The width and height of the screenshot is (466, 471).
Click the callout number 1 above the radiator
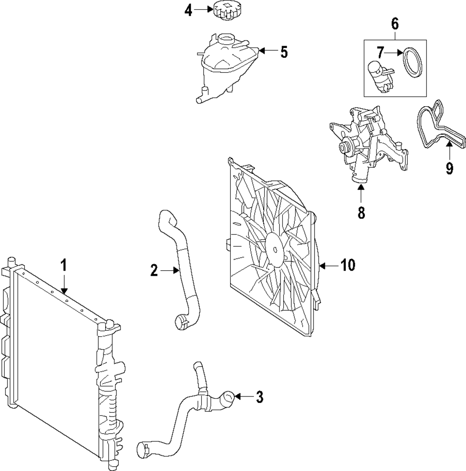pos(64,266)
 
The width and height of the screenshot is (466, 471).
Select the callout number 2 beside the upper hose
pos(154,271)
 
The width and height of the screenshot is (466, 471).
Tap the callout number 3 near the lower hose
pos(259,396)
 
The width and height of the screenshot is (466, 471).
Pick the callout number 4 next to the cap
pos(188,11)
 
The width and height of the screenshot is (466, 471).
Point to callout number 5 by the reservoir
pos(284,52)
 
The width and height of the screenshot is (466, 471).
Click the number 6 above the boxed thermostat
pos(395,24)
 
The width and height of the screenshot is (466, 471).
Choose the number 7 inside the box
pos(381,53)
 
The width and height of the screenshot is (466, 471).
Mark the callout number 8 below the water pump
pos(361,212)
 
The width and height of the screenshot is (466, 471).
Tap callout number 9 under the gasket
pos(449,168)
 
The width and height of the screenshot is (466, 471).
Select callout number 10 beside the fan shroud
pos(348,266)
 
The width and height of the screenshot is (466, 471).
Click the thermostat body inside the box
pos(379,77)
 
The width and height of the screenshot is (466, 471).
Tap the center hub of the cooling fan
pos(275,249)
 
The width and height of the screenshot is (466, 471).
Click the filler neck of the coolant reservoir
pos(226,39)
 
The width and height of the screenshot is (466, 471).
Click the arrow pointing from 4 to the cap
pos(203,10)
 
